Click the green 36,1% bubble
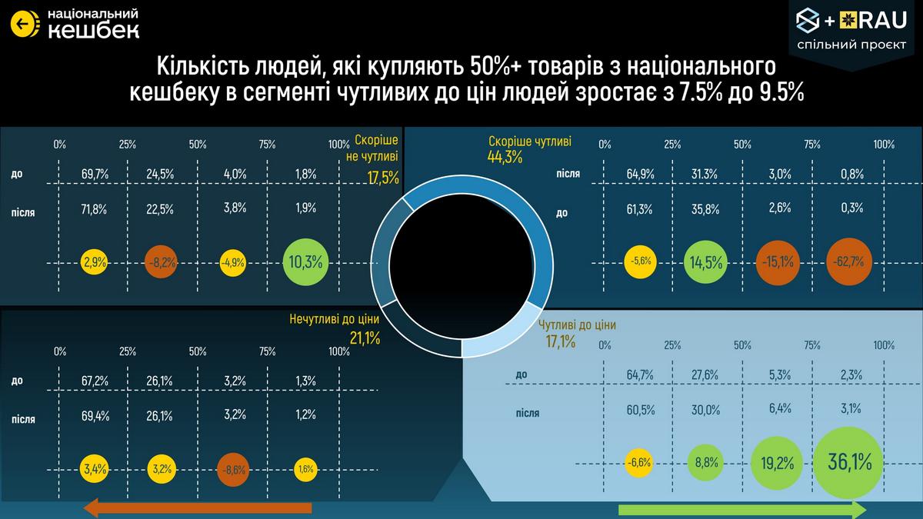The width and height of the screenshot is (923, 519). pos(849,462)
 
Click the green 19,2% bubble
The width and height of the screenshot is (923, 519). pos(779,464)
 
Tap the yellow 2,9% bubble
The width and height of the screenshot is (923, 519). pos(94,262)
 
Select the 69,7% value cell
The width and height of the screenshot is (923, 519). pos(94,175)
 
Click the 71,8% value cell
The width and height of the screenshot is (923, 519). pos(94,208)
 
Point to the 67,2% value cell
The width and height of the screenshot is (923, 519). pos(94,381)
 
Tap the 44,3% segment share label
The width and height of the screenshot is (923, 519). pos(505,158)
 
